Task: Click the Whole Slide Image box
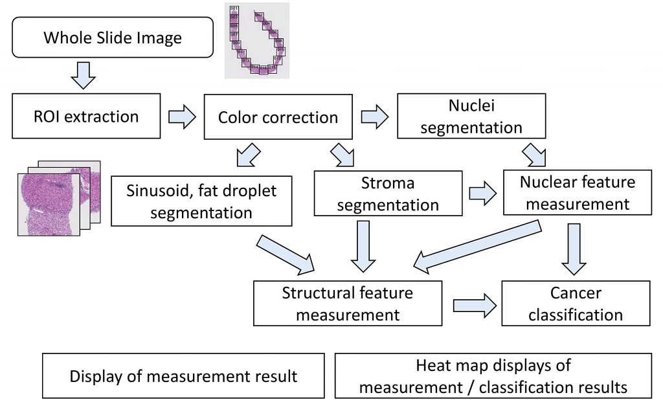113,38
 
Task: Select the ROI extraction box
86,117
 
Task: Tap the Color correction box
278,117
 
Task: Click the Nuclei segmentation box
471,117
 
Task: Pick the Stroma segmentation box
388,194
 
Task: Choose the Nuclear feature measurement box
577,193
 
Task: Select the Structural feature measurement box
348,304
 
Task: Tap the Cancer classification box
576,304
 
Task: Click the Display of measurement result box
183,376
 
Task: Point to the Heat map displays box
493,376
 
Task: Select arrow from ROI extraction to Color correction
181,117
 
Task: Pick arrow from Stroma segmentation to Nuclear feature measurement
482,194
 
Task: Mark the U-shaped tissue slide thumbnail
257,41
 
